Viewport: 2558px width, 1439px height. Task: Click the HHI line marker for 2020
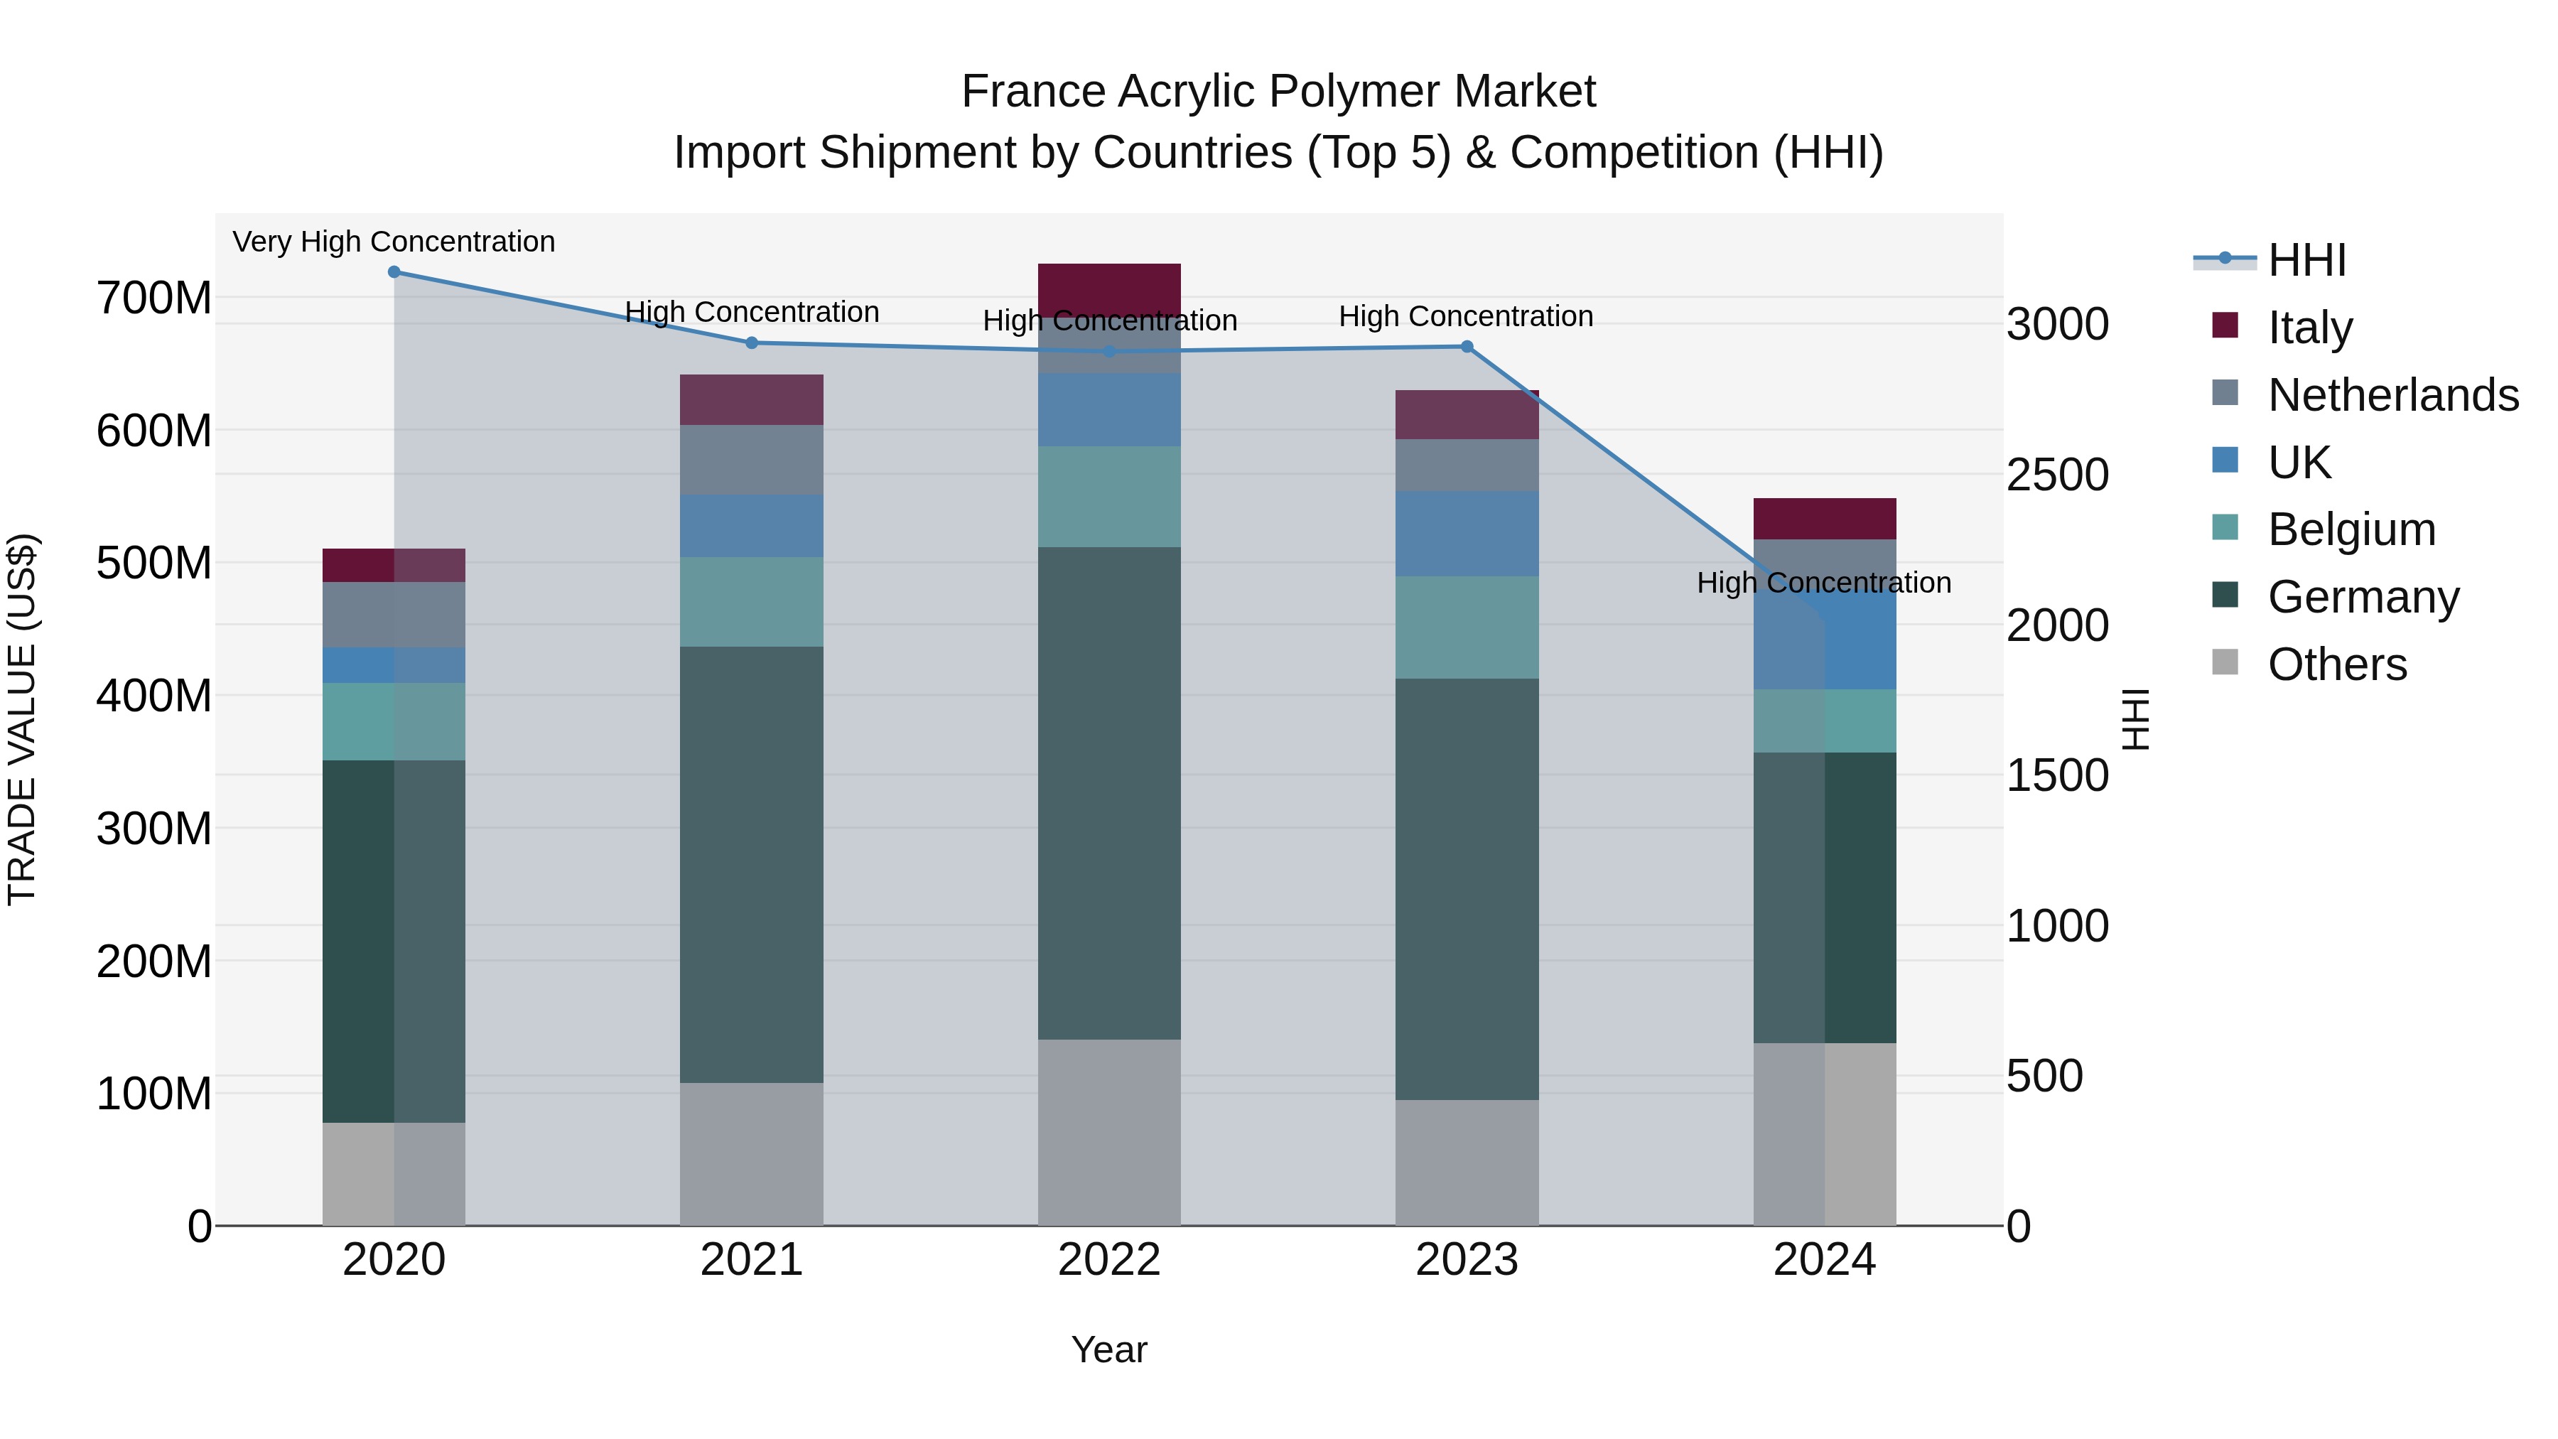[394, 271]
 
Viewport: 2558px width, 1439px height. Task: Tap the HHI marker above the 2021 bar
[752, 343]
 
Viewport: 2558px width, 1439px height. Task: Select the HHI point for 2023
[1467, 347]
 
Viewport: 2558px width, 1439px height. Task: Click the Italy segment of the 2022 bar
[1109, 290]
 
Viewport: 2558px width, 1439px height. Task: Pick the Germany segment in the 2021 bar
[752, 864]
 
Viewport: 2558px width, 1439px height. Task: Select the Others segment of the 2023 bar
[1467, 1162]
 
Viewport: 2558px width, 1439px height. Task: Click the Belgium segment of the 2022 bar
[1109, 497]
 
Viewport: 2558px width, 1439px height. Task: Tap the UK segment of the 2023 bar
[1467, 533]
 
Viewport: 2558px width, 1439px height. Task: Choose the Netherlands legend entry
[2393, 395]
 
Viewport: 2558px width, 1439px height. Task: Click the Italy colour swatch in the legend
[2225, 325]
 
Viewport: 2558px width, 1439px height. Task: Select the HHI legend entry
[2306, 260]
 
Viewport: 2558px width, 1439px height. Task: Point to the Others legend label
[2338, 664]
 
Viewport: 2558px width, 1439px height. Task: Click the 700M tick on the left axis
[154, 298]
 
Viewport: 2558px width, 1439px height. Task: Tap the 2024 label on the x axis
[1824, 1260]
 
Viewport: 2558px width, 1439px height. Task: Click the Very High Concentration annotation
[394, 242]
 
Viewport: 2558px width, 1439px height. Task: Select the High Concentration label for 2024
[1824, 582]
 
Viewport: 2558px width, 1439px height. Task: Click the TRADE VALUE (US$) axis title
[22, 719]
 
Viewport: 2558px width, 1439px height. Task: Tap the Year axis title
[1109, 1349]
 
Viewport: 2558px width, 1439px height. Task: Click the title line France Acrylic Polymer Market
[1278, 92]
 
